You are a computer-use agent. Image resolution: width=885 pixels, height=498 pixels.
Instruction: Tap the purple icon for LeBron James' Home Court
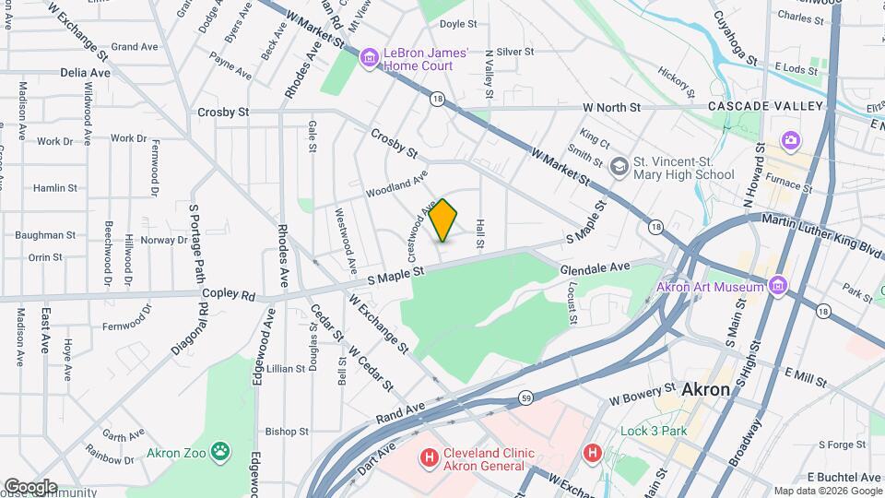(x=370, y=59)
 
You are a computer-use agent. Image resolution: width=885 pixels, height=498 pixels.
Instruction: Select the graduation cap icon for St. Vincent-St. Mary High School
(x=619, y=166)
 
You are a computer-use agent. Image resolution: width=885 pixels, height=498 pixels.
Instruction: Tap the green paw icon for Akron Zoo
(x=220, y=452)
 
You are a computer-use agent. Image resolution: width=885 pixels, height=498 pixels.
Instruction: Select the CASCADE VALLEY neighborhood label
(x=765, y=107)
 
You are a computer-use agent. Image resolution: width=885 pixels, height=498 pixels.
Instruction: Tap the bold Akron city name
(x=705, y=390)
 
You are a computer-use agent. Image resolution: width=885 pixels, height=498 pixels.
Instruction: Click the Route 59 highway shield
(x=525, y=398)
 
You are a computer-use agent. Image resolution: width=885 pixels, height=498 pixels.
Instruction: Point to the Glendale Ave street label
(x=595, y=267)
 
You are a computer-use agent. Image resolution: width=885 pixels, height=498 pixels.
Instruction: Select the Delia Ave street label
(x=85, y=72)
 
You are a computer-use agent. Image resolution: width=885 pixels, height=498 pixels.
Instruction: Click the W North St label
(x=606, y=108)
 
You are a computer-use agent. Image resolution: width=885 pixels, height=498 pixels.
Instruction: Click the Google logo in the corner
(x=30, y=487)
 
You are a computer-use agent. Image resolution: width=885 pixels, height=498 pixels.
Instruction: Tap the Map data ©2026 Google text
(x=827, y=491)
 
